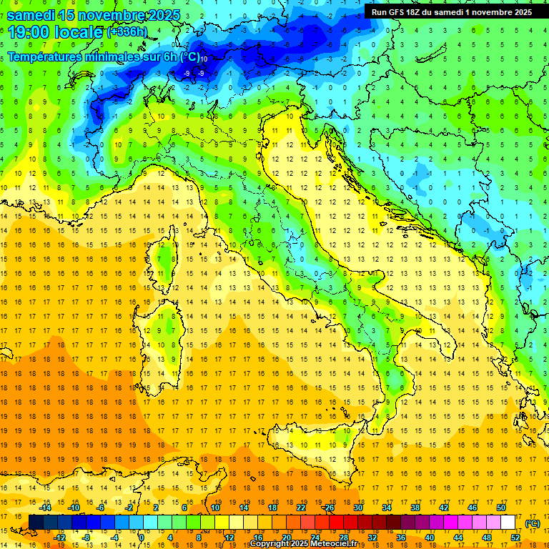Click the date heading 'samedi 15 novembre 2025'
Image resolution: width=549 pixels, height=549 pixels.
click(x=94, y=15)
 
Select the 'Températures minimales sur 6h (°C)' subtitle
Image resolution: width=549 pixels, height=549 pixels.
click(x=104, y=57)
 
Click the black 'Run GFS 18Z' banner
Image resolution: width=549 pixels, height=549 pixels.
click(x=451, y=12)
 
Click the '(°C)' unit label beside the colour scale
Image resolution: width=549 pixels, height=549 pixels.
click(x=533, y=523)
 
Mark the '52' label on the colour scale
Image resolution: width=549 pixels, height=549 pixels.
click(x=515, y=538)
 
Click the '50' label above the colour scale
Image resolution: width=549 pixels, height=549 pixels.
click(x=501, y=507)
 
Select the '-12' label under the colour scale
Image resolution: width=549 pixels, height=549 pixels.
click(x=59, y=538)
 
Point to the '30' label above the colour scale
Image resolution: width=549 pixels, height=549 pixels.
click(x=358, y=507)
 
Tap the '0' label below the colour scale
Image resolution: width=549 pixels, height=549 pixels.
click(x=142, y=538)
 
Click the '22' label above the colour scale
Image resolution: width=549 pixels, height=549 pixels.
click(x=301, y=507)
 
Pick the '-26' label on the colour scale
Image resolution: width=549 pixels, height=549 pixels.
click(x=328, y=507)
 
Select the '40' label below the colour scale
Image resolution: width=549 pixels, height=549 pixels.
click(x=430, y=538)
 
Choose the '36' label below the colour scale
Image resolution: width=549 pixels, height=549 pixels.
click(x=401, y=538)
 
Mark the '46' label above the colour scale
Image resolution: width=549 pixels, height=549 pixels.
click(x=473, y=507)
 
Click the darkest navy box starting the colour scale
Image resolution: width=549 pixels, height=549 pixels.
click(x=36, y=522)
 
